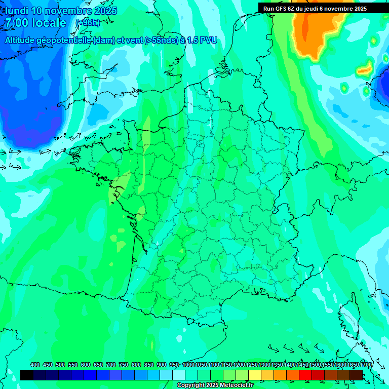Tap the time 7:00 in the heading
coord(16,23)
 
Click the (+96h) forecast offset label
coord(87,23)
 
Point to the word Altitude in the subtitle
coord(23,40)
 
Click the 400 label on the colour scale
coord(35,365)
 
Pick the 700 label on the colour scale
coord(111,365)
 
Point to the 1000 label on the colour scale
coord(188,365)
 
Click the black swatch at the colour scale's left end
coord(27,375)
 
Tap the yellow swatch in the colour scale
coord(255,375)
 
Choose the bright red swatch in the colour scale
coord(305,375)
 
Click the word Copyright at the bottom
coord(190,385)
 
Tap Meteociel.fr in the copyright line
coord(236,385)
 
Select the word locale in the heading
coord(48,23)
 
